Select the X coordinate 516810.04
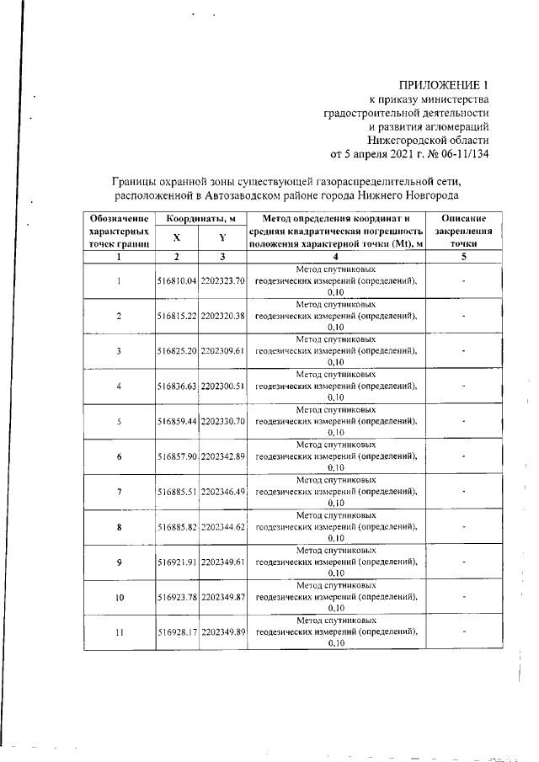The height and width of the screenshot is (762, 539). pos(177,280)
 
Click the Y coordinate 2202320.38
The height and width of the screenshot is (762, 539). pos(222,316)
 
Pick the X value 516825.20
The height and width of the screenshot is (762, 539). pos(177,351)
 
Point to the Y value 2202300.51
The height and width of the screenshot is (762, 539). pos(222,386)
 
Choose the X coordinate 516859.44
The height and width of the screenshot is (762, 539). pos(177,422)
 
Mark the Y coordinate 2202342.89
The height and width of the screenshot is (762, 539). pos(222,456)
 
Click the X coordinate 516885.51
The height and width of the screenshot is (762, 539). pos(177,492)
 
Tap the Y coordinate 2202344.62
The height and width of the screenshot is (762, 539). pos(222,527)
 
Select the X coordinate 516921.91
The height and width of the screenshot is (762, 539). pos(177,562)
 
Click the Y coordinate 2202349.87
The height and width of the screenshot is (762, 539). pos(222,598)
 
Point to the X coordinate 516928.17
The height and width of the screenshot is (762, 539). pos(177,632)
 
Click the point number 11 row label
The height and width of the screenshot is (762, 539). pos(120,632)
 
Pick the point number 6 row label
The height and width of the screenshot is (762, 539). pos(120,456)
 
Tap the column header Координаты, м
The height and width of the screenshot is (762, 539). pos(200,219)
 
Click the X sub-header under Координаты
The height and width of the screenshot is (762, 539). pos(177,238)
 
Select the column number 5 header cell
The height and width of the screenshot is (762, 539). pos(464,257)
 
